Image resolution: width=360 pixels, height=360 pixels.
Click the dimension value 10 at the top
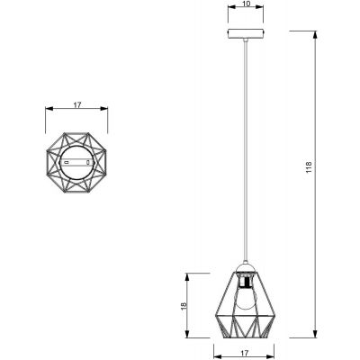coord(246,6)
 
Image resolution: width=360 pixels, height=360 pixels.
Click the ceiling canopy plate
coord(246,38)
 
